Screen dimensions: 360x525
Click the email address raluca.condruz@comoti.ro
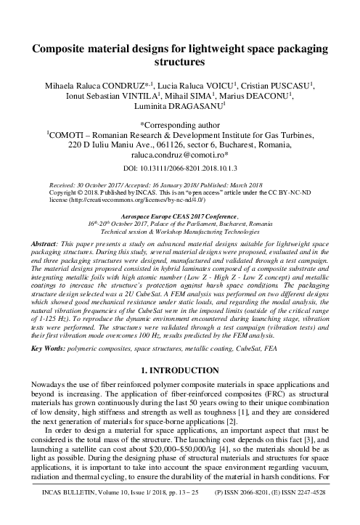click(178, 155)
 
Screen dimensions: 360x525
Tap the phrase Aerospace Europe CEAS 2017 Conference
click(179, 216)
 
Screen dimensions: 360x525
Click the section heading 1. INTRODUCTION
click(179, 371)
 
